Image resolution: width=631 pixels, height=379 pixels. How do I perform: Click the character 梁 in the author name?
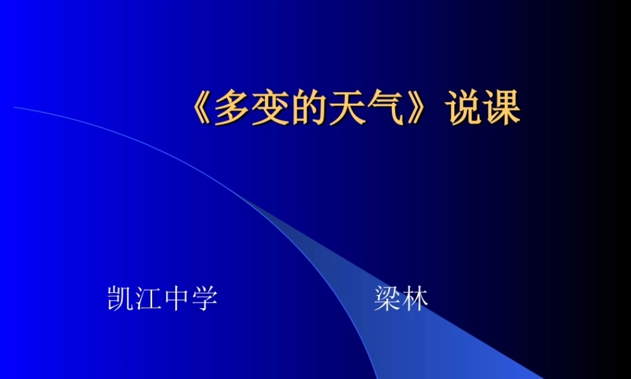387,298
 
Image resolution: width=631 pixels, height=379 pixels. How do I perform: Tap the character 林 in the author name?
415,298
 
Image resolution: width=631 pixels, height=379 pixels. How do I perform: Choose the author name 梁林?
401,298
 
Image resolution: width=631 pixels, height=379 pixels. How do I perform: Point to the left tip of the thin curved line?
15,107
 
